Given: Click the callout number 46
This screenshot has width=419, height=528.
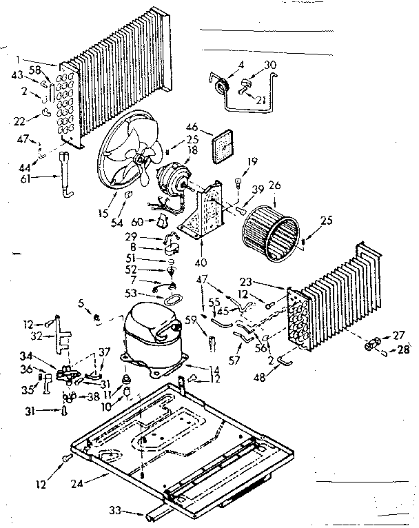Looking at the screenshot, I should [x=192, y=127].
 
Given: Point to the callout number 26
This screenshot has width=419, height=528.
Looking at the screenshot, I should [x=276, y=185].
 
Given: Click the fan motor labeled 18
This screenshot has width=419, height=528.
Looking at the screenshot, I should [x=170, y=181].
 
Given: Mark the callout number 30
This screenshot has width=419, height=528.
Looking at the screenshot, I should [x=271, y=65].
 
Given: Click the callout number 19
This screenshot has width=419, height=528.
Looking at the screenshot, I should [x=254, y=162].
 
